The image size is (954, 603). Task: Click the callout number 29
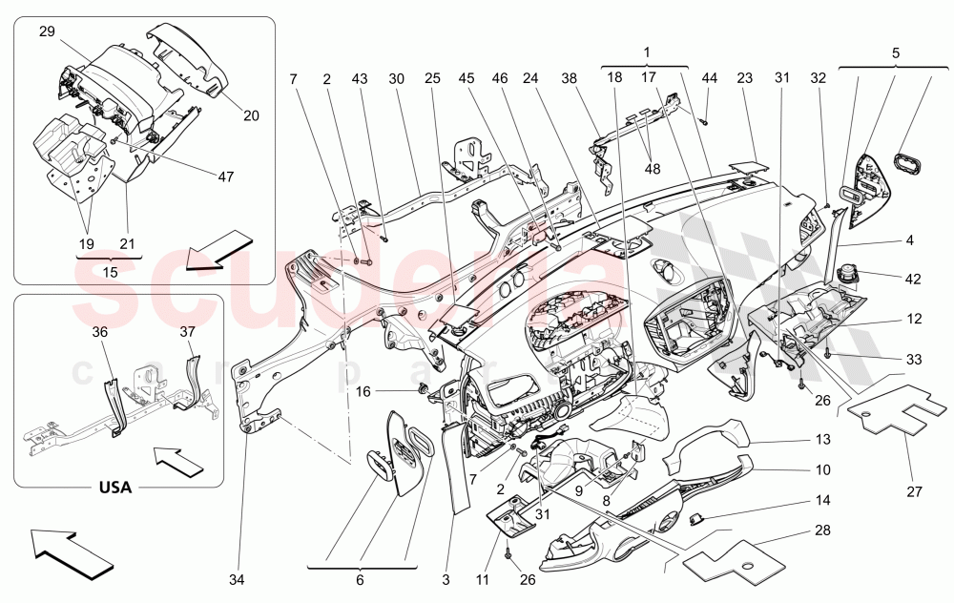coord(47,31)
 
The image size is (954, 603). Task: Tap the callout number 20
coord(251,115)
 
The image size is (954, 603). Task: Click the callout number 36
coord(100,332)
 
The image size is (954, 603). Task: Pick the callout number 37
coord(187,332)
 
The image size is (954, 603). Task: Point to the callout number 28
coord(821,530)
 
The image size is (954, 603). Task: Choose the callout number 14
coord(822,499)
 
